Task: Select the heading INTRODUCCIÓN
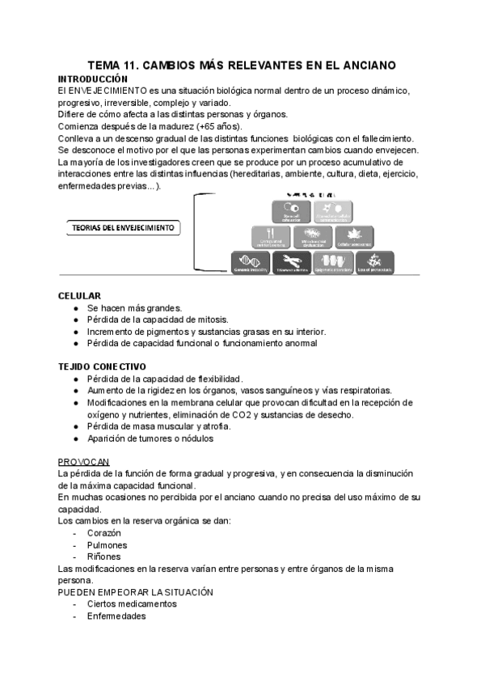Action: (x=93, y=78)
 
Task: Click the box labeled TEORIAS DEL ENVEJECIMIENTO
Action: (x=120, y=228)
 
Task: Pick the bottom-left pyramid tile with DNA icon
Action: (x=250, y=260)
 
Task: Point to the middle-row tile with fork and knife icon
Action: (x=271, y=237)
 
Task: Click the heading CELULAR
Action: (x=80, y=296)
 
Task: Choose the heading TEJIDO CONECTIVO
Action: (x=102, y=366)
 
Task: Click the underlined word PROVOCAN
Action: (x=84, y=460)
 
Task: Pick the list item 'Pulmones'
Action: (x=108, y=545)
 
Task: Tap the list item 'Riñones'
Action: (x=104, y=557)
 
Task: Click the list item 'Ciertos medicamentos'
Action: (x=132, y=603)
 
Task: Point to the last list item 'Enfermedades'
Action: (x=116, y=616)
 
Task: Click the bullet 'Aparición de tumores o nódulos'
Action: (x=150, y=438)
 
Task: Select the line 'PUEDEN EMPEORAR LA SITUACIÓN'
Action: (x=135, y=592)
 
